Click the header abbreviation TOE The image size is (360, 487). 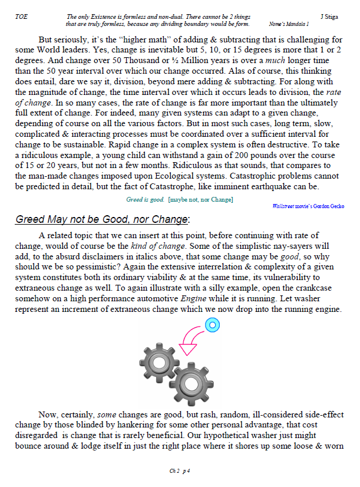click(21, 17)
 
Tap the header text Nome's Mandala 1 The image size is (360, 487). click(289, 24)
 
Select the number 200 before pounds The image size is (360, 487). click(250, 155)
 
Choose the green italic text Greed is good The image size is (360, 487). click(145, 200)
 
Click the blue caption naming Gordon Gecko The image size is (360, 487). click(309, 206)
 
